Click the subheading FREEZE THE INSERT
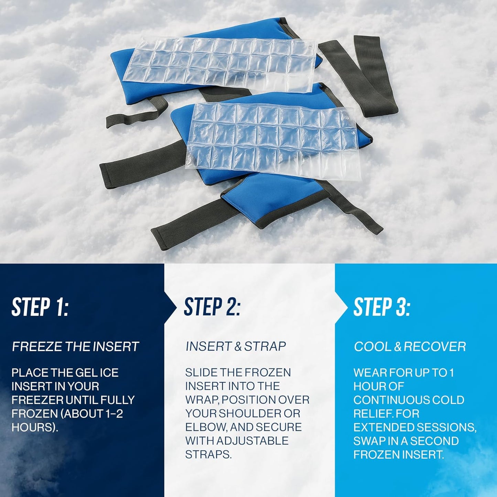point(75,347)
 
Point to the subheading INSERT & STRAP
point(236,346)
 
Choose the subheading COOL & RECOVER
point(410,347)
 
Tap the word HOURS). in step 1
point(35,427)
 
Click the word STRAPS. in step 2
point(208,455)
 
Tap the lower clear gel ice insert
point(272,138)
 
